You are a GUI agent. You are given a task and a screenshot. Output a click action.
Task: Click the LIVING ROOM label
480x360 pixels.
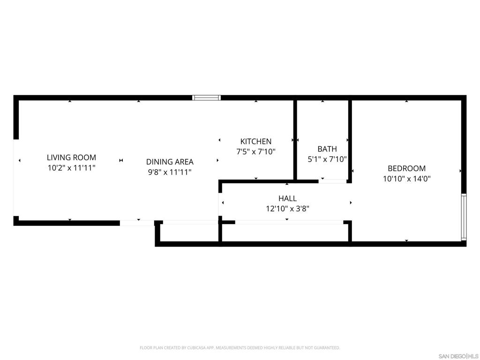pos(71,157)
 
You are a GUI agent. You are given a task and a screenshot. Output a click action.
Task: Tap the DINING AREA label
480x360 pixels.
pos(170,162)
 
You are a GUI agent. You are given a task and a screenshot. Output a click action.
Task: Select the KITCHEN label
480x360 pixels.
pos(255,141)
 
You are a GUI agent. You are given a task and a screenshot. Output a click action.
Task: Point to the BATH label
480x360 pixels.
pos(327,149)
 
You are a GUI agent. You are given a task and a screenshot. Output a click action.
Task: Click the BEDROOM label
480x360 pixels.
pos(406,168)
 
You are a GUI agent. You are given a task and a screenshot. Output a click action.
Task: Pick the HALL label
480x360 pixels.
pos(287,198)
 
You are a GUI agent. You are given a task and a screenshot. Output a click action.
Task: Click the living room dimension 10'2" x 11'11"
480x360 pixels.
pos(71,168)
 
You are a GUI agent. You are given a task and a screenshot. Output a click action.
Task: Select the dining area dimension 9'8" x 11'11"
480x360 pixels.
pos(170,172)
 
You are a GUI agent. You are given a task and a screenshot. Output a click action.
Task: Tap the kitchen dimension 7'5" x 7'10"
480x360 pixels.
pos(255,151)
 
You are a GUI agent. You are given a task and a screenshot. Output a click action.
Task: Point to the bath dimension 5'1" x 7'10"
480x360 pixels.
pos(327,159)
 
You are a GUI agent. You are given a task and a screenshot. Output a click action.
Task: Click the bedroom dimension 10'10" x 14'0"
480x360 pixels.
pos(406,179)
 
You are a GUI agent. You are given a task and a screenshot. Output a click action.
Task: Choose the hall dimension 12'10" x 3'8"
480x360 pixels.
pos(287,209)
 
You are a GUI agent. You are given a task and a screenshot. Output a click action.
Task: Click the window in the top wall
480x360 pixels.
pos(207,97)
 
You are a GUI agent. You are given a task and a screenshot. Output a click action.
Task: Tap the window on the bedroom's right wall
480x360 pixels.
pos(464,217)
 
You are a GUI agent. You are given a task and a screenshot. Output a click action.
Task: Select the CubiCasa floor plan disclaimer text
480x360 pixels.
pos(240,348)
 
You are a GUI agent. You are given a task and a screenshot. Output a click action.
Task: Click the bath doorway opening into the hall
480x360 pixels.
pos(333,181)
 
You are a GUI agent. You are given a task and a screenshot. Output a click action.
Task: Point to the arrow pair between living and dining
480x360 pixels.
pos(121,161)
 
